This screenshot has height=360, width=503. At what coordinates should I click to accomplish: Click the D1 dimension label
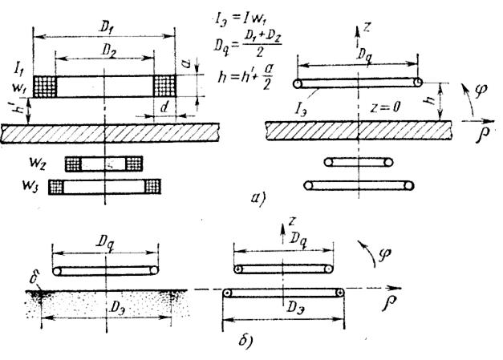coord(107,26)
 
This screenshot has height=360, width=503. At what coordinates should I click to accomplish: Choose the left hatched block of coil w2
coord(74,164)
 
